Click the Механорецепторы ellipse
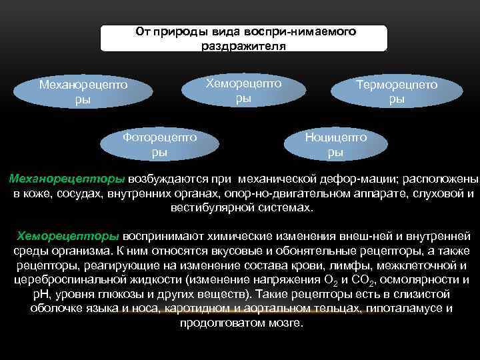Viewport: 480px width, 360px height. click(83, 93)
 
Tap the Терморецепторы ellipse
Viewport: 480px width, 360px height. click(397, 93)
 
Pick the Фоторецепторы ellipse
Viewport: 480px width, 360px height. click(160, 144)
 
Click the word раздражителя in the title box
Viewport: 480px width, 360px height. click(243, 46)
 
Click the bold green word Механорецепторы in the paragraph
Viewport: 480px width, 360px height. click(67, 179)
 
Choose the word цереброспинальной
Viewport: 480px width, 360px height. click(63, 279)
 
